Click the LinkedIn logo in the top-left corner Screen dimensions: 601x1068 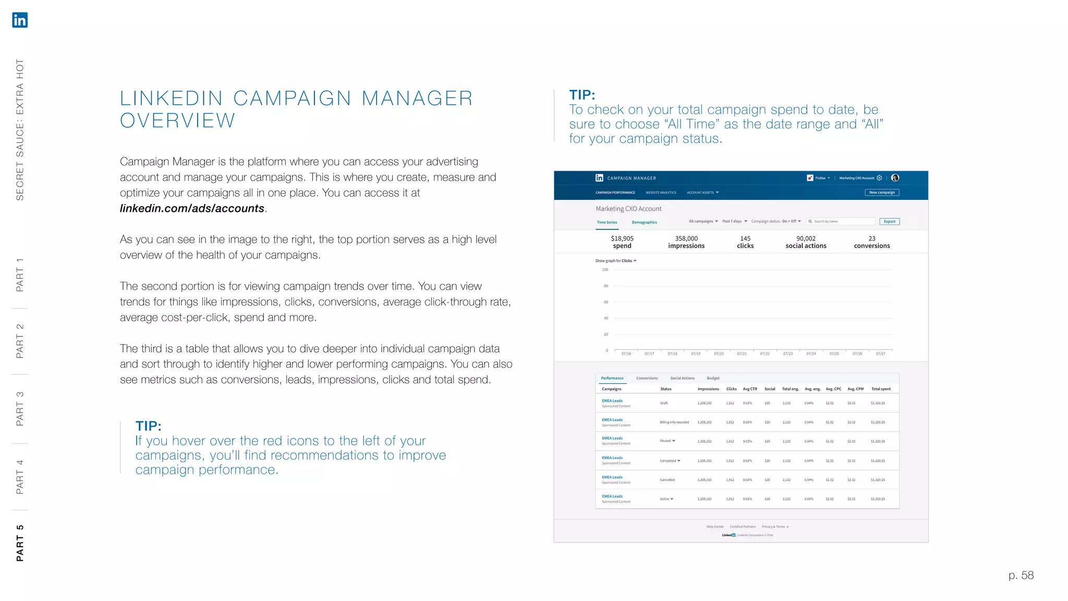point(20,20)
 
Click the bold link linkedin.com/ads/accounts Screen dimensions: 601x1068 point(192,209)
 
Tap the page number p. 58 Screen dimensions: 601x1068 point(1021,575)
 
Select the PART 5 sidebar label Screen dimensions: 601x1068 point(20,543)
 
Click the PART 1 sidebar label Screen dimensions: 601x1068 point(20,275)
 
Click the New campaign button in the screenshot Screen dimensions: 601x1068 point(882,193)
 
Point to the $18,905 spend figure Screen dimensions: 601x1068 point(622,242)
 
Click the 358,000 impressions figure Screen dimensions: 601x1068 point(686,242)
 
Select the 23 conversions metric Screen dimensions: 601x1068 point(872,242)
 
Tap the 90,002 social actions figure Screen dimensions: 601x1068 point(806,242)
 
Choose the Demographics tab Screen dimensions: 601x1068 point(644,222)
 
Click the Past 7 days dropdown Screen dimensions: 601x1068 point(734,221)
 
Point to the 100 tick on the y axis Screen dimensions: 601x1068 point(605,270)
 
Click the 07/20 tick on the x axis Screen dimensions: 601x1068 point(719,354)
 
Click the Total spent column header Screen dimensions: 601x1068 point(881,389)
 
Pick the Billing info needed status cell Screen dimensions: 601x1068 point(674,423)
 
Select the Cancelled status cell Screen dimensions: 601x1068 point(667,480)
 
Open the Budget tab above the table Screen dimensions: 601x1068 point(713,378)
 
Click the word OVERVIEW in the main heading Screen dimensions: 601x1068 point(178,121)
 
